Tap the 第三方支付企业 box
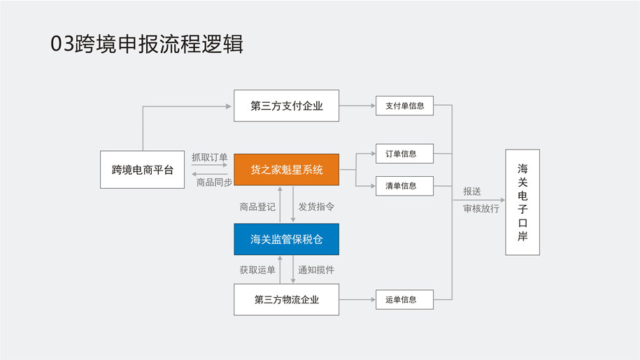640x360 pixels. (x=286, y=106)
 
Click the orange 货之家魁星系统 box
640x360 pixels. (x=286, y=169)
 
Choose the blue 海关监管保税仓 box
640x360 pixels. (x=286, y=239)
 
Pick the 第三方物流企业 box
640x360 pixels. (x=286, y=299)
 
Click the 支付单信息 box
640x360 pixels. (x=404, y=106)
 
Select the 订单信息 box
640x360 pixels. (x=404, y=154)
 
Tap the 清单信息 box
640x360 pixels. (x=404, y=186)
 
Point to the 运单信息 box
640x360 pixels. (x=404, y=299)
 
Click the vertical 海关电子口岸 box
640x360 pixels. (x=522, y=202)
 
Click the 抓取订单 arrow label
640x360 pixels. (x=209, y=157)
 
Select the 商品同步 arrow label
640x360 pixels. (x=213, y=182)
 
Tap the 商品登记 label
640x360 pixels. (x=257, y=207)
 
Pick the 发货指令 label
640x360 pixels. (x=316, y=207)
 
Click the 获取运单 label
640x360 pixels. (x=257, y=270)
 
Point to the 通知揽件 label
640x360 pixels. (x=316, y=270)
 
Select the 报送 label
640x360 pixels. (x=472, y=192)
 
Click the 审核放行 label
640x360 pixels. (x=481, y=208)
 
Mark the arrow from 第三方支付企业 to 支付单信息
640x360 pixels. (x=357, y=106)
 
